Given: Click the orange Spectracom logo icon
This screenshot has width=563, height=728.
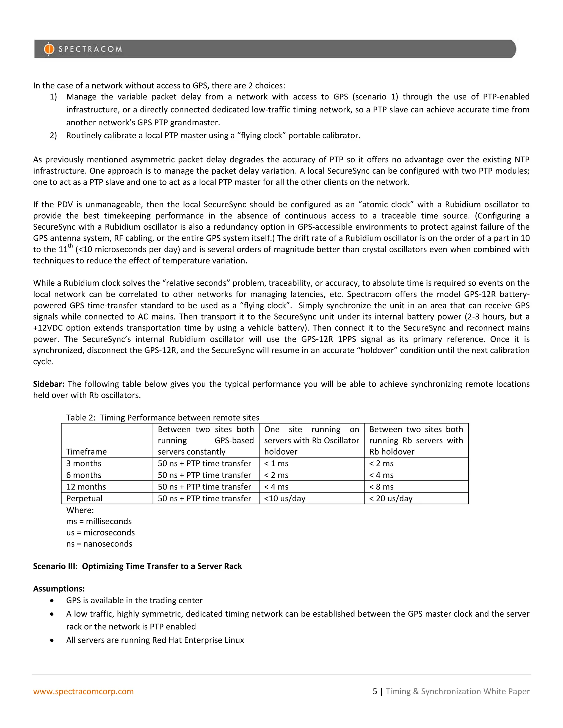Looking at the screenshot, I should pos(49,49).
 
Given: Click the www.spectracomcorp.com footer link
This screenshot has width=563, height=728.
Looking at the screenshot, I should pos(83,691).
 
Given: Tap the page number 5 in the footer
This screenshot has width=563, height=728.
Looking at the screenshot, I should pos(375,691).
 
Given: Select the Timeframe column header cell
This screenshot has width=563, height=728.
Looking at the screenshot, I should pos(86,452).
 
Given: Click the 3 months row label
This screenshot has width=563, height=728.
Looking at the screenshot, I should pos(84,463).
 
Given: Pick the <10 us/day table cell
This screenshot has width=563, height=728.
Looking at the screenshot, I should pos(285,498).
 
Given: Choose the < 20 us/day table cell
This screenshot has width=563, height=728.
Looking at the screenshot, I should pos(391,498).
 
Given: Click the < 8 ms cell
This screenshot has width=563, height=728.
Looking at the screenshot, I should pos(381,487).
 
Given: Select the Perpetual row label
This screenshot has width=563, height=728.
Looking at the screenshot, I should pos(84,498).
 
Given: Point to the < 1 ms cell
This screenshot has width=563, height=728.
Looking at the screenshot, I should pos(276,463).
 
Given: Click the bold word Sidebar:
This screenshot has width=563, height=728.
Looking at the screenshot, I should pos(49,384).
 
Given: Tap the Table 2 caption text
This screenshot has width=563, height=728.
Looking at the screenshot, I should pos(162,418).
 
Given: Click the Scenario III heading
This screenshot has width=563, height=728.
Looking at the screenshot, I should pos(137,566).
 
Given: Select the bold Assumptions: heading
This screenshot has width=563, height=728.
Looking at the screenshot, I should pos(59,589).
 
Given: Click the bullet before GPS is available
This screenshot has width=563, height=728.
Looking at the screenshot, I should pos(52,601).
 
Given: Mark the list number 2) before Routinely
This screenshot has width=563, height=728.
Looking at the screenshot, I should pos(53,135).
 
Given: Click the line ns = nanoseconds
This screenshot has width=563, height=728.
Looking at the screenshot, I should pos(99,544).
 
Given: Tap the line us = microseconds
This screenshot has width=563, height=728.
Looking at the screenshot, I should pos(100,533).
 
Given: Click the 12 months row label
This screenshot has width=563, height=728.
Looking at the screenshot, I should pos(86,487).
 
